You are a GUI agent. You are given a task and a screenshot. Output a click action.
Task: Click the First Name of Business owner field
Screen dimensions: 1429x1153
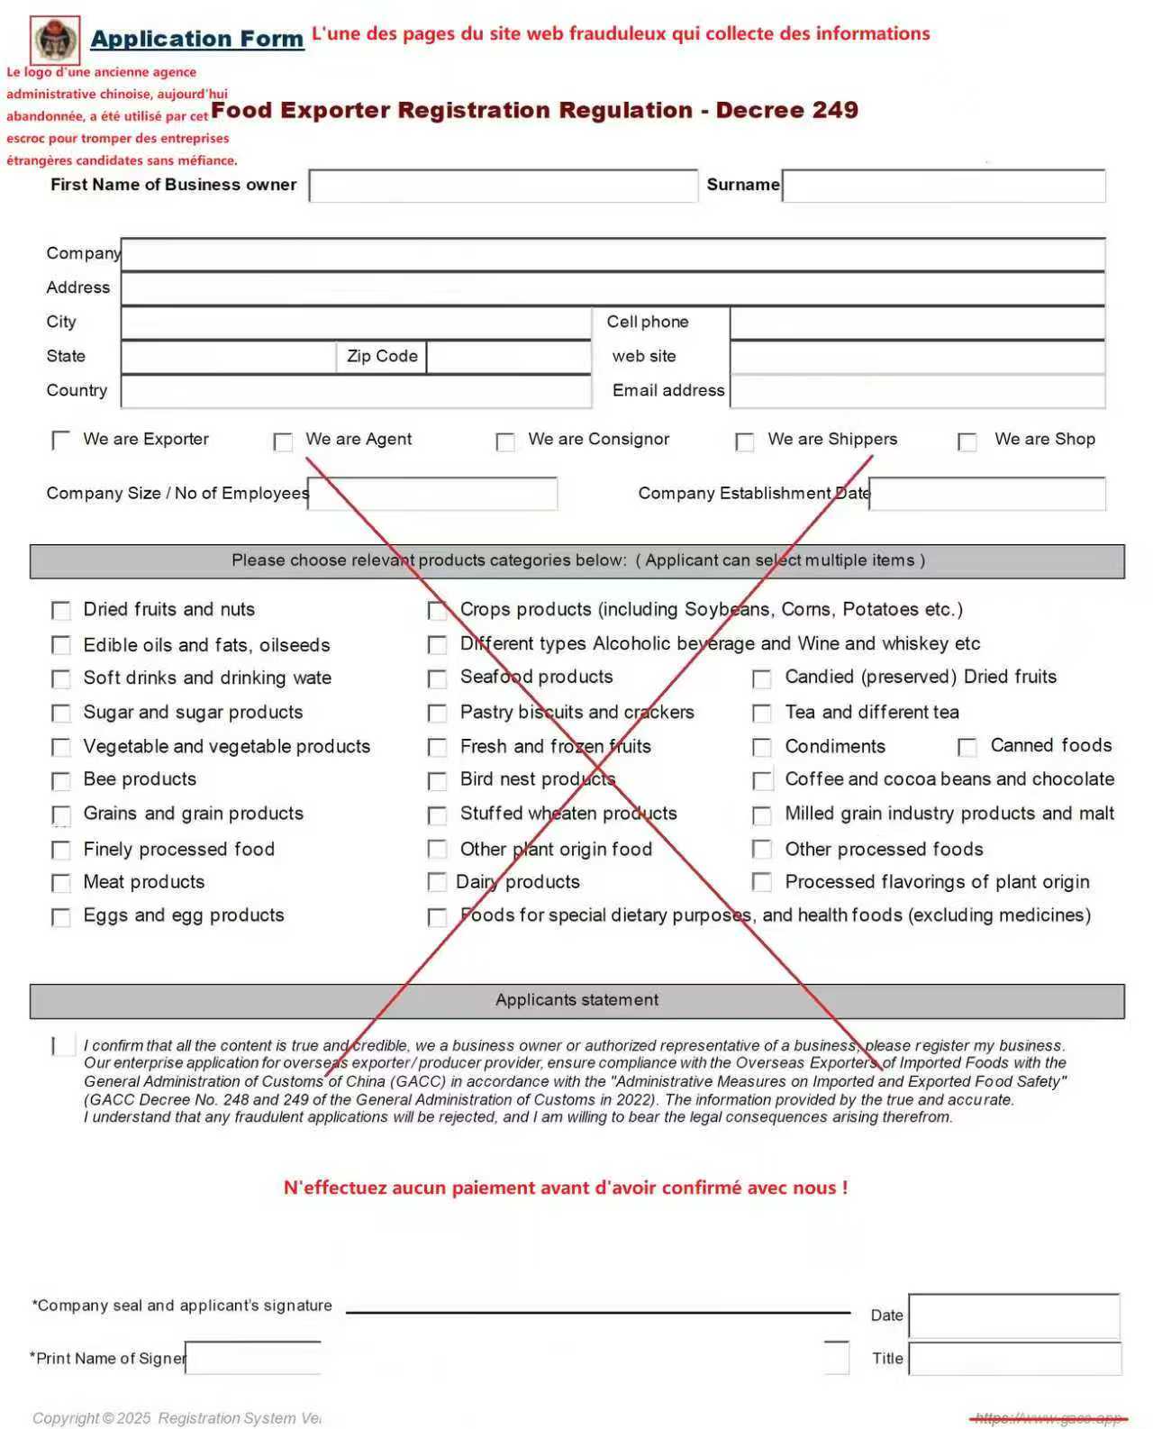point(503,186)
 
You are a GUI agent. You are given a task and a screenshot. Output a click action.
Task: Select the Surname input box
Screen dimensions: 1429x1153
point(943,186)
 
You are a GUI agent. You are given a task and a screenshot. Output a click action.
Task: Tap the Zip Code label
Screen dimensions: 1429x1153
point(382,356)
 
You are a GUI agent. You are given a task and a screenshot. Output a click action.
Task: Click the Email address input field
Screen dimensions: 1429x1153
point(917,391)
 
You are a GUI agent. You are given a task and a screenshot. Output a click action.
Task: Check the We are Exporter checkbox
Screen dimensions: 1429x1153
point(61,441)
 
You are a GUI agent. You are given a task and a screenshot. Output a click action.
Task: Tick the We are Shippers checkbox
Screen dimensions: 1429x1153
point(745,441)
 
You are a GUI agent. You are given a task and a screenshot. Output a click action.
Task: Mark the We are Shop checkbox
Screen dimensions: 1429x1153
point(967,441)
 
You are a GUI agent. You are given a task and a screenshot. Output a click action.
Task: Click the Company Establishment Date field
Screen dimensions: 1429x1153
point(987,494)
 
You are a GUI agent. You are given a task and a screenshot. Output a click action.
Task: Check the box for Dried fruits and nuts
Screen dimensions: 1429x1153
point(61,611)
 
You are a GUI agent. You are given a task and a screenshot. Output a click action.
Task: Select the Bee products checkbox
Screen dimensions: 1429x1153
point(61,781)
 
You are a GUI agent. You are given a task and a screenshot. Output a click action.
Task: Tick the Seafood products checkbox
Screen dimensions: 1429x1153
point(437,678)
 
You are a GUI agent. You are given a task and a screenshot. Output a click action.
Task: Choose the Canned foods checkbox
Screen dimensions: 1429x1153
point(967,747)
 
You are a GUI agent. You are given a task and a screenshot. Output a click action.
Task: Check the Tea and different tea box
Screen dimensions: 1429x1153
point(762,714)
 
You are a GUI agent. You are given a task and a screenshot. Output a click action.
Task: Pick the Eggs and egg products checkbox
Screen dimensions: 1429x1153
point(61,917)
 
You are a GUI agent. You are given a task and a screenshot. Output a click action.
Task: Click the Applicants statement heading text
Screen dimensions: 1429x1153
point(576,1000)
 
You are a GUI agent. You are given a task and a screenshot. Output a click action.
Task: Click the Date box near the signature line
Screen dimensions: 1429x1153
point(1013,1315)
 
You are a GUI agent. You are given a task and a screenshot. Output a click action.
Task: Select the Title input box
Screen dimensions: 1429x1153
point(1014,1359)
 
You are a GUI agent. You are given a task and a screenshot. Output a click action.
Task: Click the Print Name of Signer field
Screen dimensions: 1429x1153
point(253,1359)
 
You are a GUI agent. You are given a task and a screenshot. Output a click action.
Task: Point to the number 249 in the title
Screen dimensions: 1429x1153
point(834,110)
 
